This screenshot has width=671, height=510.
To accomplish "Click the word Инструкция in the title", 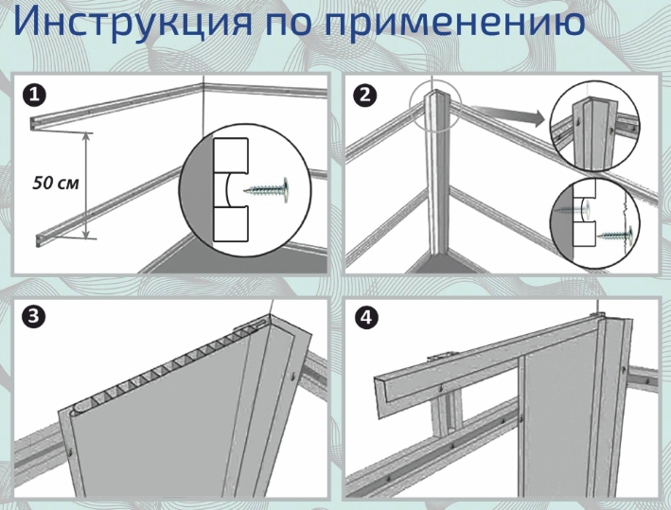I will tap(128, 24).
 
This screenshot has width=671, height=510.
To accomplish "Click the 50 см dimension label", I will tap(51, 181).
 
